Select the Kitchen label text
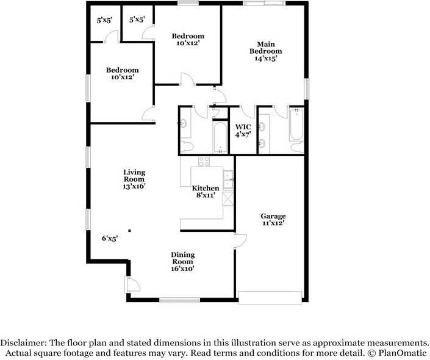tap(206, 189)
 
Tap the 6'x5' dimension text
tap(110, 238)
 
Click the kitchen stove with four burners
tap(204, 162)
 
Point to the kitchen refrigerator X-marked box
tap(228, 198)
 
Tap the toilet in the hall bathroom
tap(187, 146)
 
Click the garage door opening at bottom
tap(270, 298)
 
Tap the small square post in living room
tap(129, 231)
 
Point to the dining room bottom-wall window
tap(179, 300)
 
